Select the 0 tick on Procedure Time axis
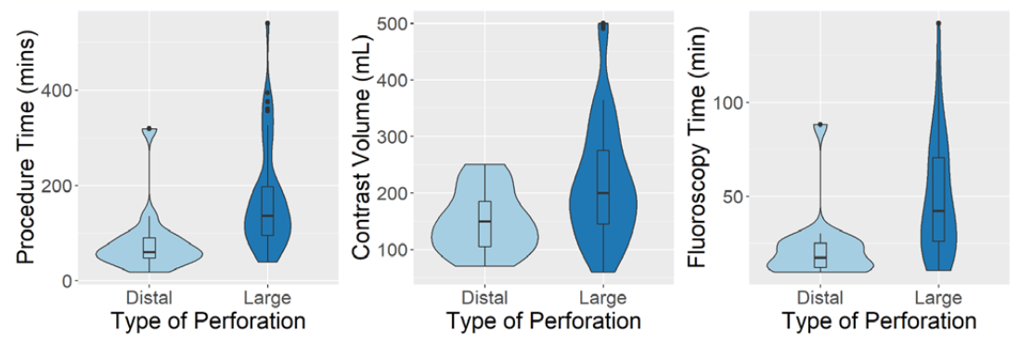[67, 281]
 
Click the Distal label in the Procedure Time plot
[149, 298]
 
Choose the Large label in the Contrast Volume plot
[603, 298]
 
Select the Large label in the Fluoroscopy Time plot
[938, 298]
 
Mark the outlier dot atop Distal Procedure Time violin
[149, 128]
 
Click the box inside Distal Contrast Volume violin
[484, 224]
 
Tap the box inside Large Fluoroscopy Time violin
[938, 199]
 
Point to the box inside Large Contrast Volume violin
[603, 186]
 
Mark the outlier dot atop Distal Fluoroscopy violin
[820, 124]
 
